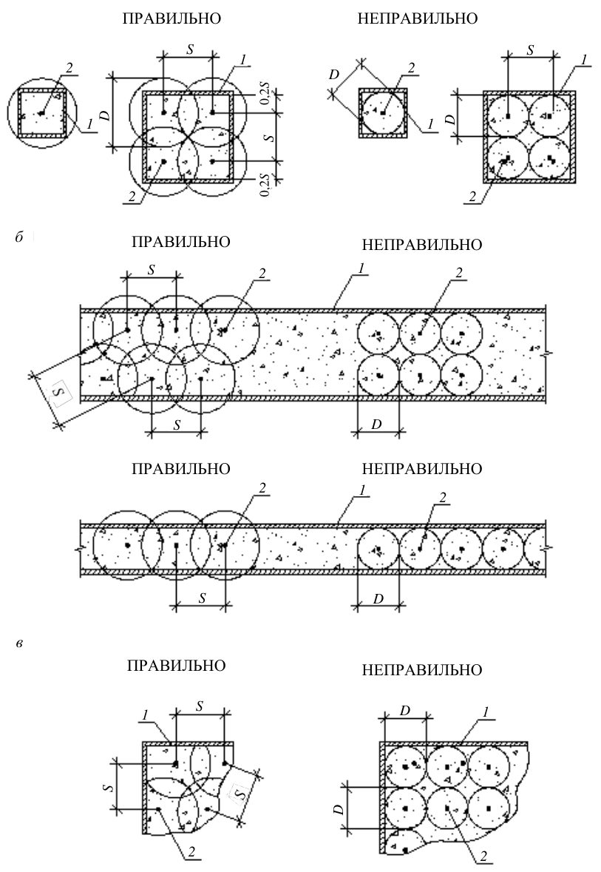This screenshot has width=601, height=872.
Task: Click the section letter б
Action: pos(19,237)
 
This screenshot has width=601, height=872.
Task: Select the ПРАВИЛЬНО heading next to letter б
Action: pos(180,242)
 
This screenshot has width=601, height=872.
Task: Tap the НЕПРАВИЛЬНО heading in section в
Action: pos(422,670)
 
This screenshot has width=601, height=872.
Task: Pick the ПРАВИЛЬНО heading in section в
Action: pos(176,666)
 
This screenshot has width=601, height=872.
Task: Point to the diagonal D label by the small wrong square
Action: pos(333,75)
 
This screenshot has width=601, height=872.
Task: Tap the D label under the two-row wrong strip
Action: pos(376,424)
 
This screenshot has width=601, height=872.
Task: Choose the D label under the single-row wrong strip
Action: pos(378,598)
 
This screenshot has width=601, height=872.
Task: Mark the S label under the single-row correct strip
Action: pos(203,598)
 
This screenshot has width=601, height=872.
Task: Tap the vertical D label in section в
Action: pos(338,810)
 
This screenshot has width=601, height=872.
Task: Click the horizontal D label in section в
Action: pos(405,711)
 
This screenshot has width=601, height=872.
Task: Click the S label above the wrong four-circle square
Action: pos(530,50)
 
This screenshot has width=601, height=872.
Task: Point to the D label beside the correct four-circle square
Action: pos(108,117)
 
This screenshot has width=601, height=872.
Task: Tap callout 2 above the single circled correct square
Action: pos(69,68)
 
